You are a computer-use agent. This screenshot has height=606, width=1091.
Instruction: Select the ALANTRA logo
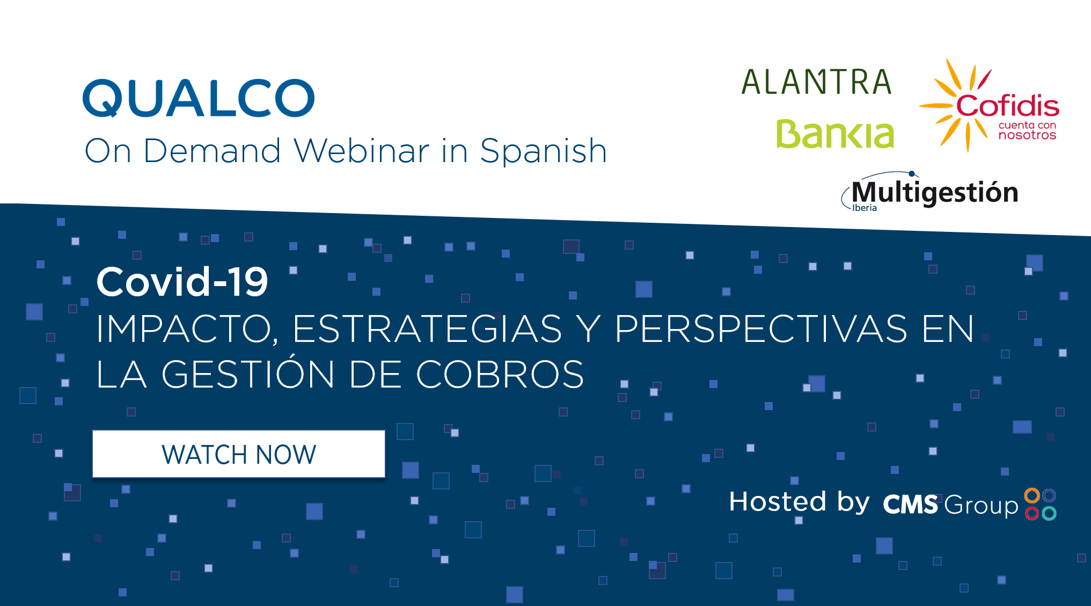pyautogui.click(x=816, y=82)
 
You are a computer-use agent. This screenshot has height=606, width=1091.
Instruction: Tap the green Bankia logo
pyautogui.click(x=835, y=134)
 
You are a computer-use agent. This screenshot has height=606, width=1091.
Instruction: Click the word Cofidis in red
pyautogui.click(x=1007, y=106)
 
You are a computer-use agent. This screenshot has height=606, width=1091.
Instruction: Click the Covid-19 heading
pyautogui.click(x=182, y=282)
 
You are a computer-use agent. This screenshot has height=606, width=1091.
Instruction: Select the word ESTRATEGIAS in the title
pyautogui.click(x=427, y=328)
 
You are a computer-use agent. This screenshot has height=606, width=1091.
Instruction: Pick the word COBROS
pyautogui.click(x=500, y=374)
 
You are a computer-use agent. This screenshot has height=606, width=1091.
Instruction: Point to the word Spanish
pyautogui.click(x=543, y=151)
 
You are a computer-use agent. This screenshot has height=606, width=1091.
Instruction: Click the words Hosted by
pyautogui.click(x=799, y=502)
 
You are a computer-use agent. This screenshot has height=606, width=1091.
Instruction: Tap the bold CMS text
pyautogui.click(x=910, y=505)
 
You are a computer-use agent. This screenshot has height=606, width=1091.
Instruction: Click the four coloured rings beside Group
pyautogui.click(x=1041, y=504)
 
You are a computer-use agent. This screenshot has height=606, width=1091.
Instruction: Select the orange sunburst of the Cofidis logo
pyautogui.click(x=955, y=105)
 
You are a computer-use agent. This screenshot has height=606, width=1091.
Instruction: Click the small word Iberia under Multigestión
pyautogui.click(x=865, y=208)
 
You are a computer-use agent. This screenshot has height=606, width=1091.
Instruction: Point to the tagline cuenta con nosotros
pyautogui.click(x=1027, y=130)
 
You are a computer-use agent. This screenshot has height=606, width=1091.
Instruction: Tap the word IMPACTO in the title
pyautogui.click(x=187, y=329)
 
